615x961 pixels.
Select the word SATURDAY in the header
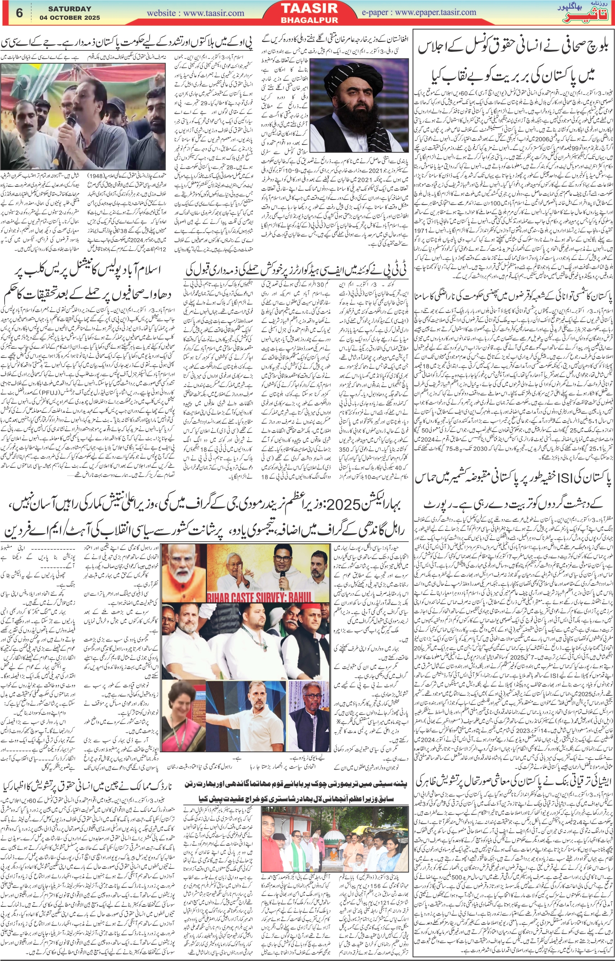tap(70, 9)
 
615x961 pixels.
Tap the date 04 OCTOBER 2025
tap(70, 18)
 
